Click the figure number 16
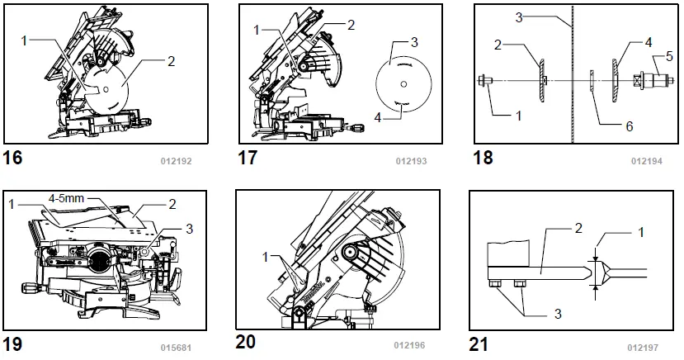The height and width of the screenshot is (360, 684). pyautogui.click(x=14, y=157)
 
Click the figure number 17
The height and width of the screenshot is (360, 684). pyautogui.click(x=248, y=157)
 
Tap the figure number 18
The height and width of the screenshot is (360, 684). pyautogui.click(x=483, y=157)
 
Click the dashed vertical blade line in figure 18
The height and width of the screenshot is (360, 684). pyautogui.click(x=571, y=83)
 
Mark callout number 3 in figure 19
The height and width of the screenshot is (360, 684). pyautogui.click(x=189, y=228)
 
